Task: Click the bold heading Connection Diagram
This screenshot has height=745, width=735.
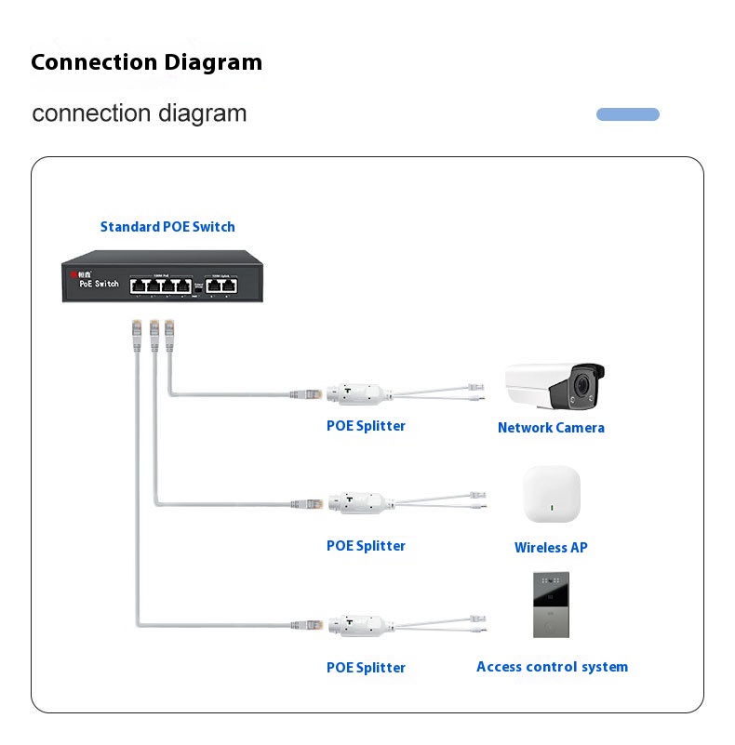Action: pyautogui.click(x=146, y=62)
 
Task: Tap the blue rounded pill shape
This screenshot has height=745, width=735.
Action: pyautogui.click(x=627, y=114)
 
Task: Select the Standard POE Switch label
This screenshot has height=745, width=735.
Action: pyautogui.click(x=167, y=227)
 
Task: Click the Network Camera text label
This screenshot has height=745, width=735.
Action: pyautogui.click(x=551, y=428)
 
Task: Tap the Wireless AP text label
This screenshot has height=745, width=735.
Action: pyautogui.click(x=551, y=548)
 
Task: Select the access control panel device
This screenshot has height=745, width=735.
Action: pyautogui.click(x=551, y=605)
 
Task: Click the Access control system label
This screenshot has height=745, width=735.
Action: pyautogui.click(x=552, y=667)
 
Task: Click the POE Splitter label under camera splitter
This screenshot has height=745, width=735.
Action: pyautogui.click(x=366, y=426)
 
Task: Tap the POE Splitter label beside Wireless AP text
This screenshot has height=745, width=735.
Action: pyautogui.click(x=366, y=546)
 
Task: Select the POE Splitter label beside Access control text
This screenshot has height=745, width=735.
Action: pyautogui.click(x=366, y=668)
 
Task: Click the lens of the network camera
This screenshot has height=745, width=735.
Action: pyautogui.click(x=583, y=384)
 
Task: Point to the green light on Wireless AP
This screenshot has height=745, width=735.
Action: pyautogui.click(x=552, y=509)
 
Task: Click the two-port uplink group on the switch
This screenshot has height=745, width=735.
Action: pyautogui.click(x=221, y=286)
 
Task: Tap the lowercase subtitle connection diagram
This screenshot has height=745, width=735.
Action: pyautogui.click(x=140, y=113)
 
